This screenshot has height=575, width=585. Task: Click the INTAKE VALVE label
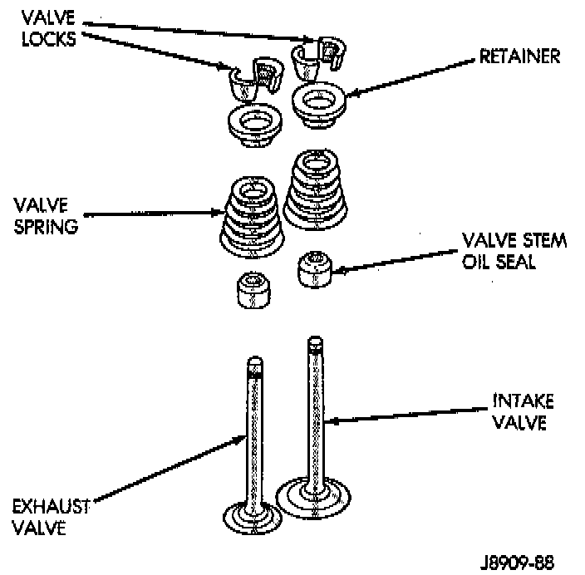tap(518, 412)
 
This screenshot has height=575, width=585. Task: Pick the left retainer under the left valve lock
tap(252, 126)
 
